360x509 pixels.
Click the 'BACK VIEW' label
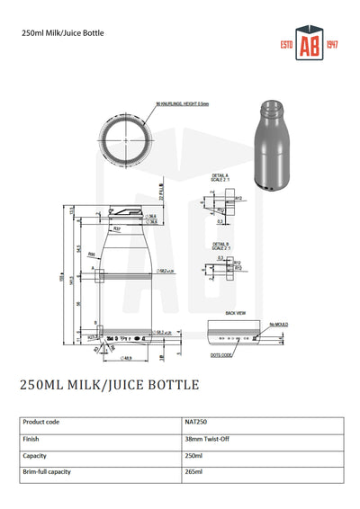[237, 313]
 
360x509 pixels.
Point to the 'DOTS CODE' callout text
[220, 356]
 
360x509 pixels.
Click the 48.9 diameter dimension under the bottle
[128, 358]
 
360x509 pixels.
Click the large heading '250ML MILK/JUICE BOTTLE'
[109, 386]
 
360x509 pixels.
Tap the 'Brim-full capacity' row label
[47, 471]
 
